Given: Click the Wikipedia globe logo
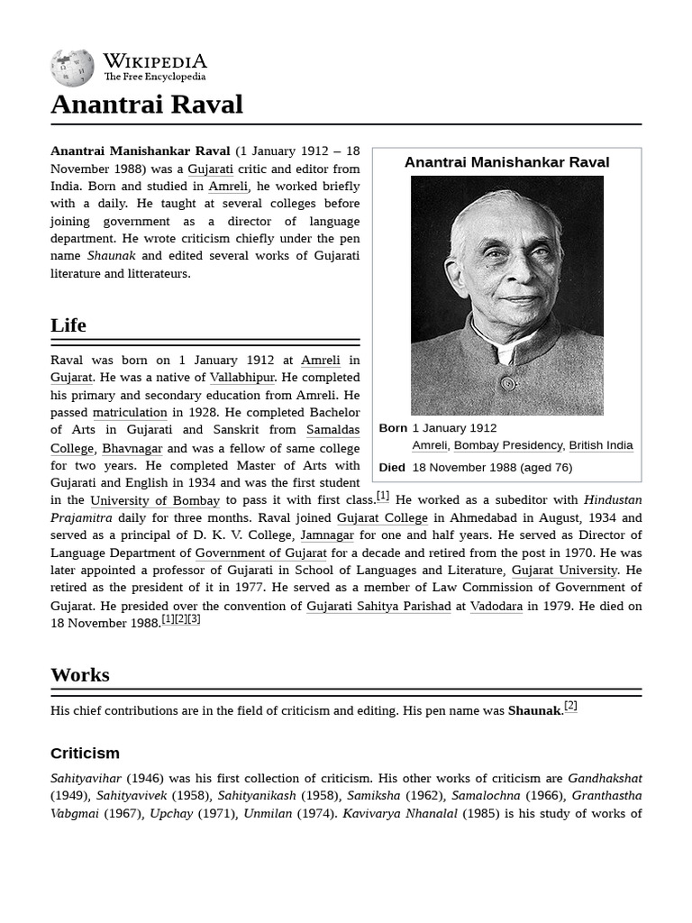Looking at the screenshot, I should pos(72,69).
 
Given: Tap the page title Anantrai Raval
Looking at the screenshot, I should pos(147,105).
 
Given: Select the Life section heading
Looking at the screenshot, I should pos(68,325).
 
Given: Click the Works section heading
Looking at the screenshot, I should pos(80,675).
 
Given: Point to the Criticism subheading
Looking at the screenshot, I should pos(85,754).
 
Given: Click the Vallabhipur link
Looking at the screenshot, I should pos(241,378).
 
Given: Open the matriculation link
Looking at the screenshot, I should pos(130,413).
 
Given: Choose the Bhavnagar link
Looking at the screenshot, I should pos(132,448).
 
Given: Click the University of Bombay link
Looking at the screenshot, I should pos(155,500).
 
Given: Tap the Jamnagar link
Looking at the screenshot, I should pos(327,535).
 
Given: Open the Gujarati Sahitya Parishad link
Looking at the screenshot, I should pos(378,607).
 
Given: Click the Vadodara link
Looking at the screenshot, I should pos(496,607).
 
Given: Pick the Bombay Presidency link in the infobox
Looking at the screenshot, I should pos(508,445).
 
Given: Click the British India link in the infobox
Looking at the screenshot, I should pos(601,445).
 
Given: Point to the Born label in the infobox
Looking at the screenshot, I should pos(393,428).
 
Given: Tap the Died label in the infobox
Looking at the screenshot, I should pos(392,468).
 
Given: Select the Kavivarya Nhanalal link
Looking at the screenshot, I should pos(400,814).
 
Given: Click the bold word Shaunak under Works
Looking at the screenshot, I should pos(534,711).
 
